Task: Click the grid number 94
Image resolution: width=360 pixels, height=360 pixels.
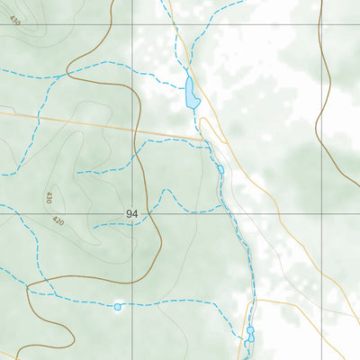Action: pyautogui.click(x=132, y=214)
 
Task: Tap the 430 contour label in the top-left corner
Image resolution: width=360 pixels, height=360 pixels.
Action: pyautogui.click(x=13, y=20)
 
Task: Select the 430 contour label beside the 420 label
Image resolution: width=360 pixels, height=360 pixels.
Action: pyautogui.click(x=49, y=196)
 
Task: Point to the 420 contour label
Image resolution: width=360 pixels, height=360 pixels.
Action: pyautogui.click(x=58, y=220)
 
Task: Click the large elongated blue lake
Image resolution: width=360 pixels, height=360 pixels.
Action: pyautogui.click(x=192, y=93)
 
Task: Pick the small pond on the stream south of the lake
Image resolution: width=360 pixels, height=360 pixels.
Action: pyautogui.click(x=220, y=169)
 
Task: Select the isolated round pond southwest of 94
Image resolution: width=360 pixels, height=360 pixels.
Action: pyautogui.click(x=117, y=307)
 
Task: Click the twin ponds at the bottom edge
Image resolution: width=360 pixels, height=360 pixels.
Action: pyautogui.click(x=250, y=334)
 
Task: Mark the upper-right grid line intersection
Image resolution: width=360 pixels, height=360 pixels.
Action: pyautogui.click(x=321, y=24)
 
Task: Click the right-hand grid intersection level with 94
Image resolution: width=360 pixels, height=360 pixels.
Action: pyautogui.click(x=321, y=213)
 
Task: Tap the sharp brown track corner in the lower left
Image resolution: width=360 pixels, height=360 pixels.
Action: pyautogui.click(x=29, y=290)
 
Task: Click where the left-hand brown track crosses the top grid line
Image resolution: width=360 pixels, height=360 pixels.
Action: pyautogui.click(x=110, y=24)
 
